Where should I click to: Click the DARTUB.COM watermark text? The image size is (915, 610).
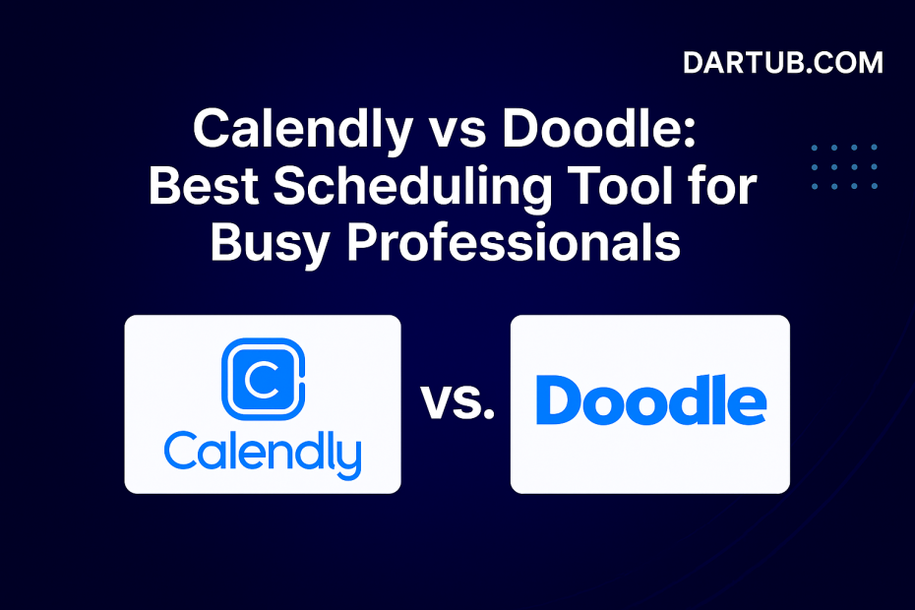[783, 64]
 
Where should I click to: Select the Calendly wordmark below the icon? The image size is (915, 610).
[263, 454]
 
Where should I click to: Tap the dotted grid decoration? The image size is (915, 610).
[845, 166]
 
